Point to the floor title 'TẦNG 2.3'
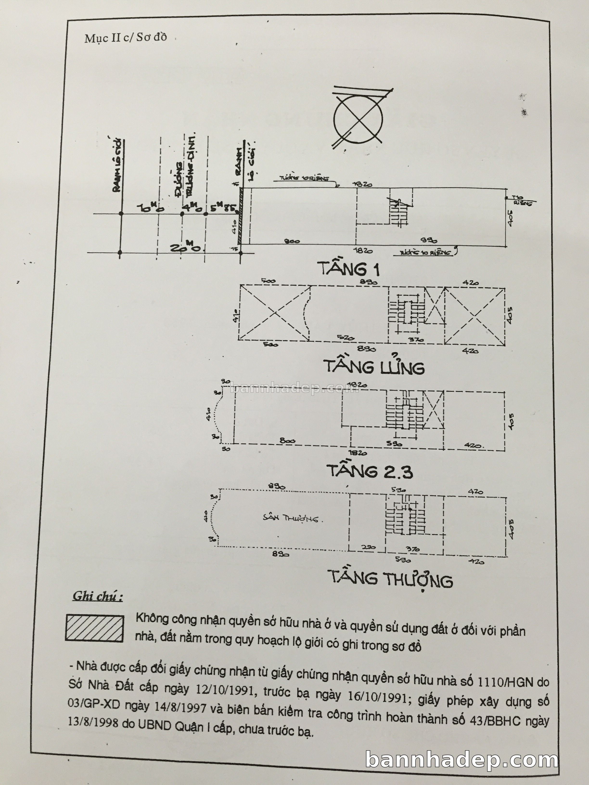pyautogui.click(x=370, y=472)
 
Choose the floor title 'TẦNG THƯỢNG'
pyautogui.click(x=390, y=579)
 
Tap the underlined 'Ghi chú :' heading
pyautogui.click(x=98, y=596)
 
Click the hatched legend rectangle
pyautogui.click(x=95, y=628)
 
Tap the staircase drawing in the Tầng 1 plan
pyautogui.click(x=399, y=211)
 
